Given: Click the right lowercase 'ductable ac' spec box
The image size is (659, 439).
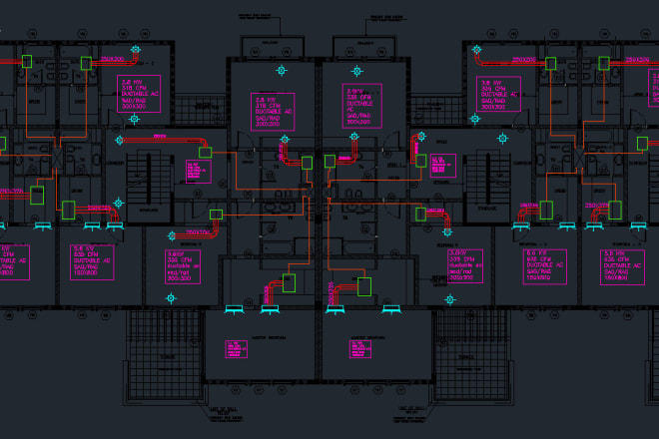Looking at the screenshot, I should point(463,264).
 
